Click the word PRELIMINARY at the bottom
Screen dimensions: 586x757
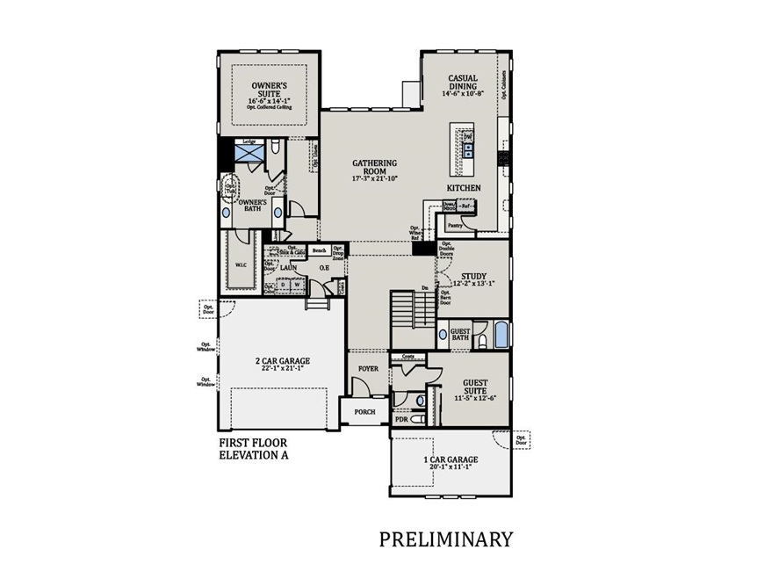pyautogui.click(x=445, y=539)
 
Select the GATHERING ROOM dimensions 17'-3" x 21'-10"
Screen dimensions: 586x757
pyautogui.click(x=375, y=178)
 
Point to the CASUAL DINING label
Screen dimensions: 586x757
pyautogui.click(x=463, y=82)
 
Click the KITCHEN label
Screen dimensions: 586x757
pyautogui.click(x=464, y=189)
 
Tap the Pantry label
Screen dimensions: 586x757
pyautogui.click(x=454, y=225)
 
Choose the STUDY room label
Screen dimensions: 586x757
pyautogui.click(x=473, y=276)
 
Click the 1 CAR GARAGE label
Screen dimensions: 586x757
pyautogui.click(x=451, y=459)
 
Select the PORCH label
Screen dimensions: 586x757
pyautogui.click(x=364, y=411)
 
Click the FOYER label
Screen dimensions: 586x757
pyautogui.click(x=368, y=368)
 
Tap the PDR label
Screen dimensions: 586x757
pyautogui.click(x=401, y=420)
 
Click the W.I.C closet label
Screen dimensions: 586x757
pyautogui.click(x=240, y=264)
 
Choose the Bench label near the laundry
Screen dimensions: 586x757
pyautogui.click(x=320, y=250)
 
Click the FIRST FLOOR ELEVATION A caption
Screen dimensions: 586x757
pyautogui.click(x=253, y=449)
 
